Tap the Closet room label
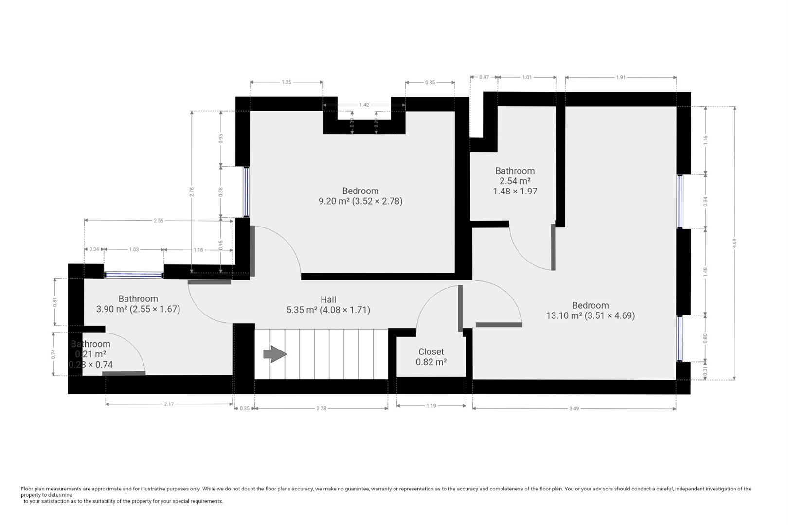point(431,357)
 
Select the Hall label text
point(328,305)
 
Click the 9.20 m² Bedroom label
point(360,196)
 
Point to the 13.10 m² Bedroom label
point(590,310)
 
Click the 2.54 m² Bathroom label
point(515,181)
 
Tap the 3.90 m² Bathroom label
point(138,304)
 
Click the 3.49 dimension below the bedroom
point(574,409)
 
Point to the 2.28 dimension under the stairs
point(321,409)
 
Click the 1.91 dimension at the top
point(621,77)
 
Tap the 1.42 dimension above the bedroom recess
point(364,105)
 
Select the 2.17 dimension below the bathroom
point(169,404)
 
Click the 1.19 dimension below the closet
point(431,405)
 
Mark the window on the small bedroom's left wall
point(246,192)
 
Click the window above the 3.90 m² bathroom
point(134,275)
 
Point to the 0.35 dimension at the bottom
point(245,409)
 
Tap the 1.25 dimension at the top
point(287,82)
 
